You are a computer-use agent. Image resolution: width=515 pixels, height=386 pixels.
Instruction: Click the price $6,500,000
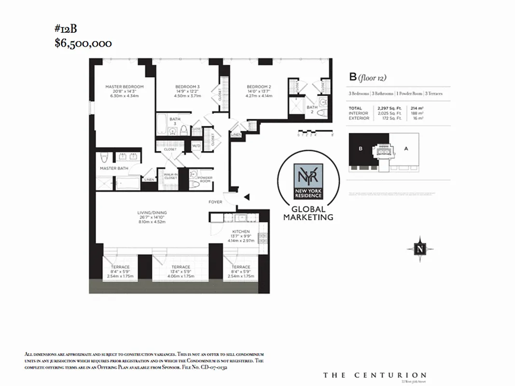tap(83, 43)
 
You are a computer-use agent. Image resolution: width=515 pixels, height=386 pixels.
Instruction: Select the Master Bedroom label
tap(125, 87)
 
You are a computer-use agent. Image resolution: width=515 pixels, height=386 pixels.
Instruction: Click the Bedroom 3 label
tap(187, 87)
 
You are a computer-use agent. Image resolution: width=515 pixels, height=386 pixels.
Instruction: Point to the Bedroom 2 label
tap(259, 87)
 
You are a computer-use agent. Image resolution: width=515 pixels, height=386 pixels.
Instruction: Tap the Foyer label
tap(215, 202)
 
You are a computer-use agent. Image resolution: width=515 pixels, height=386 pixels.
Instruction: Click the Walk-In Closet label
tap(170, 176)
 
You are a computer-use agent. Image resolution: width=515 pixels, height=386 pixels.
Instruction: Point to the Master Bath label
tap(114, 168)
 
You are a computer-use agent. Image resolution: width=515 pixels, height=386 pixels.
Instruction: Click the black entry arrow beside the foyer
tap(246, 197)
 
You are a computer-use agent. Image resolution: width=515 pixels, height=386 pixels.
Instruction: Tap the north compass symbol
tap(420, 249)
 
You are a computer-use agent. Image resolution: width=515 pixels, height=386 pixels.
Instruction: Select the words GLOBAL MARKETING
tap(308, 213)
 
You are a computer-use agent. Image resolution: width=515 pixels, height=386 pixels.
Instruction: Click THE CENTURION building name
tap(375, 375)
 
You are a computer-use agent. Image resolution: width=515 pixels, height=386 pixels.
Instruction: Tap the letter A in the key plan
tap(406, 149)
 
